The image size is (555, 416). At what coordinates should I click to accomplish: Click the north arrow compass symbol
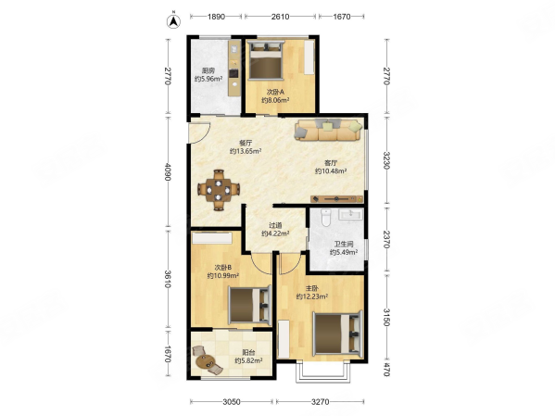click(173, 21)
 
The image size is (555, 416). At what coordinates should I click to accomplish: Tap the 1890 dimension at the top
click(216, 17)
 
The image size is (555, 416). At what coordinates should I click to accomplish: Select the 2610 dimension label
click(281, 17)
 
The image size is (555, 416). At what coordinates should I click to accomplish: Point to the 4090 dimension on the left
click(168, 172)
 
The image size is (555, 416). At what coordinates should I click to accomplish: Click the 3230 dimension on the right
click(386, 160)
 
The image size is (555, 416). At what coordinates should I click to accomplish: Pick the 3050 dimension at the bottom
click(232, 402)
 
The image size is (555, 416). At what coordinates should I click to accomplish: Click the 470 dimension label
click(386, 370)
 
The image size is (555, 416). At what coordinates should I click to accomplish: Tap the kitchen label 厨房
click(208, 70)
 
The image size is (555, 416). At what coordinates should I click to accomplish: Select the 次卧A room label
click(275, 92)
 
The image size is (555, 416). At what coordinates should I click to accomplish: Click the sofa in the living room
click(329, 130)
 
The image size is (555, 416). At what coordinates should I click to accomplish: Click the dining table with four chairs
click(219, 190)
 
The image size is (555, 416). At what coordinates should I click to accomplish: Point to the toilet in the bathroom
click(325, 217)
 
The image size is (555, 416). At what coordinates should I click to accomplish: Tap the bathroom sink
click(350, 214)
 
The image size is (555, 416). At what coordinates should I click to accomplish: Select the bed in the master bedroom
click(337, 334)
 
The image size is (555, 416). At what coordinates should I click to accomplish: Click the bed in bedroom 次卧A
click(266, 59)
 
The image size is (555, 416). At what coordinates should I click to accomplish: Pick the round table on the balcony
click(205, 361)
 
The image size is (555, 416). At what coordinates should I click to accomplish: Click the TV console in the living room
click(337, 199)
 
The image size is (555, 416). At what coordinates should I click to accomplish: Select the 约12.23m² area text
click(312, 296)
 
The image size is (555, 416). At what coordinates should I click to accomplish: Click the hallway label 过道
click(275, 225)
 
